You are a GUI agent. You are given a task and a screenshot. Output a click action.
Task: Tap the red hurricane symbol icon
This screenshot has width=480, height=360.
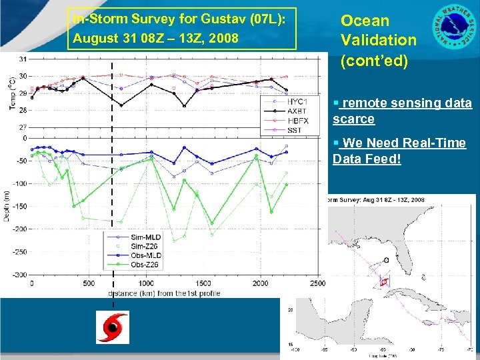[x=112, y=327]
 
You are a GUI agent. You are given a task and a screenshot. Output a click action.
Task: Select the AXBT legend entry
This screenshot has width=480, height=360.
[x=296, y=110]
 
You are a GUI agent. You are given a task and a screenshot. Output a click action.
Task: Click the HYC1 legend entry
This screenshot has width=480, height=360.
[x=296, y=101]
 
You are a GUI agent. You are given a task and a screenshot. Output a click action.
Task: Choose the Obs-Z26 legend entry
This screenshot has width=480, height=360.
[x=145, y=265]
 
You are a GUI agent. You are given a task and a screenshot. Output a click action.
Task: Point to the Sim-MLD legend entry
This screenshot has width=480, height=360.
[x=145, y=237]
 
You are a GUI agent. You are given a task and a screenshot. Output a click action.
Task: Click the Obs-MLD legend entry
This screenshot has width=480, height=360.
[x=145, y=255]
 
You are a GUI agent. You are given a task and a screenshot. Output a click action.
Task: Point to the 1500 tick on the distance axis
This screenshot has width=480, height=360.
[x=203, y=283]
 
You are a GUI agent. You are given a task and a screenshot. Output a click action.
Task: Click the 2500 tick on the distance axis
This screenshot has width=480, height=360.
[x=317, y=283]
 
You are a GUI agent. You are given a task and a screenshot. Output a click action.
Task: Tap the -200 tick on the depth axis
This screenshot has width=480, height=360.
[x=21, y=229]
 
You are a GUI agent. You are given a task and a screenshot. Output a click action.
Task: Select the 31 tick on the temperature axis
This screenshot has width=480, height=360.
[x=23, y=59]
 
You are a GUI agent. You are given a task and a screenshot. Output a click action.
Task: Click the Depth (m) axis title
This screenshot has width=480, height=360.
[x=7, y=206]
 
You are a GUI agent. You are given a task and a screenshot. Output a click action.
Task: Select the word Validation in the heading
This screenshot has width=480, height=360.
[x=378, y=39]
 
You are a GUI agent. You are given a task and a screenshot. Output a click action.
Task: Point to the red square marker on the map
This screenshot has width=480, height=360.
[x=383, y=282]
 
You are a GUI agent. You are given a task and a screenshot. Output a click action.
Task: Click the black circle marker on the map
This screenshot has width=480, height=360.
[x=387, y=260]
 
